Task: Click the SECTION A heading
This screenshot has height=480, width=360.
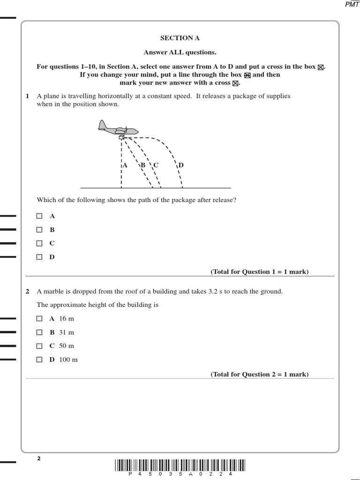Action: [x=176, y=38]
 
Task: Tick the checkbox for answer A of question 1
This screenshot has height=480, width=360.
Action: [x=39, y=216]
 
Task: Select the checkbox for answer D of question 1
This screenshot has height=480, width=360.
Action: [x=39, y=257]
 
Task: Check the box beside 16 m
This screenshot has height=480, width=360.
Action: [x=39, y=319]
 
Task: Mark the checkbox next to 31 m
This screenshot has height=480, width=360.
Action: [x=39, y=332]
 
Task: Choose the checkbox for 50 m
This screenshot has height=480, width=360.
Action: [x=39, y=346]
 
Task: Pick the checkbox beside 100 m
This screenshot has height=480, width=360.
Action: [x=39, y=360]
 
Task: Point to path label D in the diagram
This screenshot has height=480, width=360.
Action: [x=181, y=165]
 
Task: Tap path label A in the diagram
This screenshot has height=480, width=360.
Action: [x=125, y=165]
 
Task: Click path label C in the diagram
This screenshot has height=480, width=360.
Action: [x=156, y=165]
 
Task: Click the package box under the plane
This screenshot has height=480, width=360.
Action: [x=121, y=137]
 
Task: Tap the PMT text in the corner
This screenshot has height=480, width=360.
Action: [x=352, y=4]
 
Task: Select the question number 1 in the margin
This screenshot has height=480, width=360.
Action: [x=27, y=96]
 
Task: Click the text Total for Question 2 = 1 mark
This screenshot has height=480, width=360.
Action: [x=260, y=374]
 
